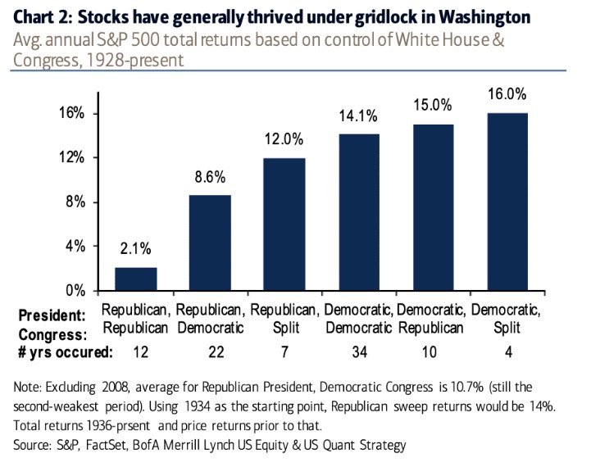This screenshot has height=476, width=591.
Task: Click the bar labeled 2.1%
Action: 136,279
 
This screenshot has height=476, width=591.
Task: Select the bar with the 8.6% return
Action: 210,243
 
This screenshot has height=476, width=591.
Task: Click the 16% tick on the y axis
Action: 72,113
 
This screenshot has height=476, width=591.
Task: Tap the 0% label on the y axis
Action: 75,291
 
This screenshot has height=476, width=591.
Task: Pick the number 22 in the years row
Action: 210,351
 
